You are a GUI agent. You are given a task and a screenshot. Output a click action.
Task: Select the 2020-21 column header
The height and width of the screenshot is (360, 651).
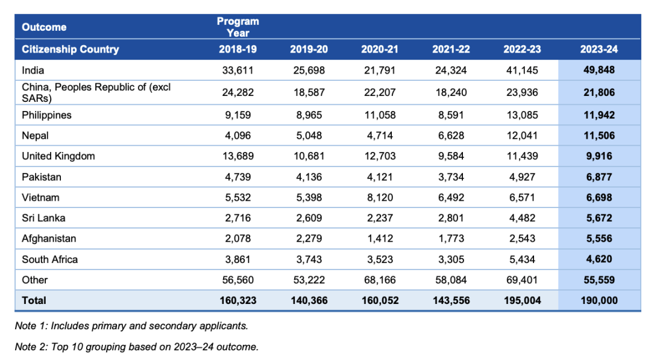tap(379, 49)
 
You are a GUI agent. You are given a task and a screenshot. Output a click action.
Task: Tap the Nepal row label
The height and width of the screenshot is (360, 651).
tap(36, 136)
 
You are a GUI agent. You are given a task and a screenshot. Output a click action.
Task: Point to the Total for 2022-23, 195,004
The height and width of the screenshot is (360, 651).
tap(521, 300)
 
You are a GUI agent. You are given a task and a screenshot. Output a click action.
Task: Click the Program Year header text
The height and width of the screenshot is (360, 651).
tap(237, 27)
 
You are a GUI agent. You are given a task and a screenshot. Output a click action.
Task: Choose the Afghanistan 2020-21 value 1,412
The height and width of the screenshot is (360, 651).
tap(379, 239)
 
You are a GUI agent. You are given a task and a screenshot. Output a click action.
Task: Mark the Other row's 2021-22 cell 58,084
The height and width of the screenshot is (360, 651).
tap(450, 280)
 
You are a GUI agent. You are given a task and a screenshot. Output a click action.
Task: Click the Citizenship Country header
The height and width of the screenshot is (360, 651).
tap(71, 49)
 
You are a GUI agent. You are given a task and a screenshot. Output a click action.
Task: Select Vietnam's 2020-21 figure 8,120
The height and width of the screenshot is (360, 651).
tap(379, 197)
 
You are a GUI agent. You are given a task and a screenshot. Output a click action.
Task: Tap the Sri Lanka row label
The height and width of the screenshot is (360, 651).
tap(43, 218)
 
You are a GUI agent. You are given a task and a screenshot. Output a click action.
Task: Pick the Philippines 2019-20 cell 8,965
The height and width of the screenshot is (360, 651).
tap(308, 115)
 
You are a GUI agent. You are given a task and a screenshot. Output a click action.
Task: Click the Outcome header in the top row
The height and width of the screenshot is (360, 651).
tap(44, 27)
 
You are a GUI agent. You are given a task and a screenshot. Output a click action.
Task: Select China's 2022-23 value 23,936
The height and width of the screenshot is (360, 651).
tap(521, 92)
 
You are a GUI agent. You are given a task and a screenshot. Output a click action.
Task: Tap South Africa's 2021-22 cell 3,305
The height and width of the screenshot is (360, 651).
tap(450, 259)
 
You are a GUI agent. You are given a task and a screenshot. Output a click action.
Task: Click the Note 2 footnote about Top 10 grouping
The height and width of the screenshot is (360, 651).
tap(137, 347)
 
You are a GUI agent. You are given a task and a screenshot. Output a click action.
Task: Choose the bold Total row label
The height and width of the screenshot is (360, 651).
tap(34, 300)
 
